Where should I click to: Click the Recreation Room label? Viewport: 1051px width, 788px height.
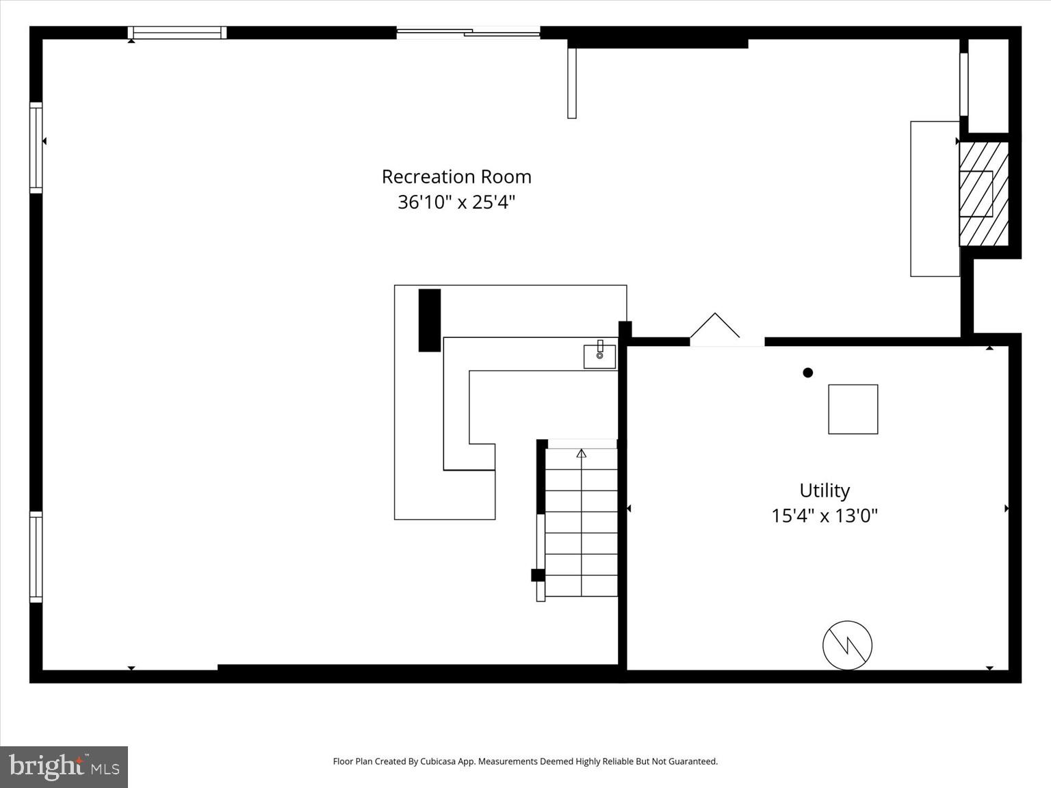pyautogui.click(x=456, y=176)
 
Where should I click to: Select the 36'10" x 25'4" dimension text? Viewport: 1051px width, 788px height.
pyautogui.click(x=456, y=202)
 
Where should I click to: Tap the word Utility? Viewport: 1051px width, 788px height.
pyautogui.click(x=825, y=490)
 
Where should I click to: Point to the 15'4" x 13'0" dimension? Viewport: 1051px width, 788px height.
pyautogui.click(x=825, y=515)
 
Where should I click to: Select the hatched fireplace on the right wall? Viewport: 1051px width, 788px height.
pyautogui.click(x=983, y=194)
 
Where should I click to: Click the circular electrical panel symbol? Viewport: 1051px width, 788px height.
pyautogui.click(x=847, y=645)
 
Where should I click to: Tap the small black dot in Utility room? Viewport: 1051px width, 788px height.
pyautogui.click(x=807, y=373)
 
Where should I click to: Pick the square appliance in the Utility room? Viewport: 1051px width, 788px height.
pyautogui.click(x=853, y=409)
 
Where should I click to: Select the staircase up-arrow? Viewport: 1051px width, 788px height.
pyautogui.click(x=581, y=453)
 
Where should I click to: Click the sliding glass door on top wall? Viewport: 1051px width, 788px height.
pyautogui.click(x=468, y=31)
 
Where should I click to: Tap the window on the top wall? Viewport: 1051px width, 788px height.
pyautogui.click(x=177, y=32)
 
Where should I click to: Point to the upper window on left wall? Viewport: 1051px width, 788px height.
pyautogui.click(x=36, y=147)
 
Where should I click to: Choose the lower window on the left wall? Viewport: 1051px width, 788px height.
pyautogui.click(x=36, y=557)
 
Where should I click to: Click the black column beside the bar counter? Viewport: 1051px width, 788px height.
pyautogui.click(x=429, y=320)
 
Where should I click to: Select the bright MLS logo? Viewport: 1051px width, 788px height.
pyautogui.click(x=64, y=767)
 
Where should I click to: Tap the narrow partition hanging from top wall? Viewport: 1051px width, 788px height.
pyautogui.click(x=571, y=83)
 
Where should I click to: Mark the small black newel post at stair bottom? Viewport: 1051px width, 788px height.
pyautogui.click(x=538, y=575)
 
